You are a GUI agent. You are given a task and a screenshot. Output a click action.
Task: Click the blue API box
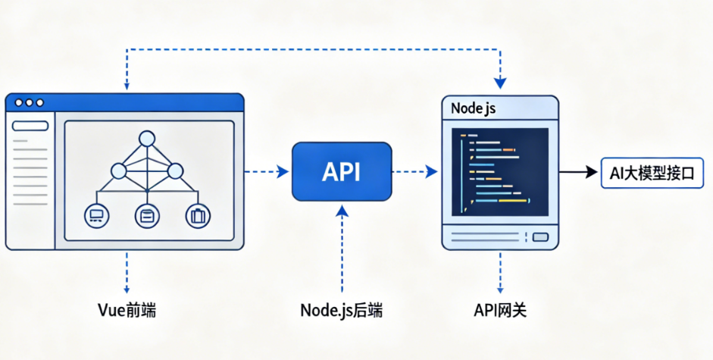342,171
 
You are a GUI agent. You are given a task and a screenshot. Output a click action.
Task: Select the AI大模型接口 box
652,173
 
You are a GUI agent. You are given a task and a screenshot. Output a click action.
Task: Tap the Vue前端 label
127,311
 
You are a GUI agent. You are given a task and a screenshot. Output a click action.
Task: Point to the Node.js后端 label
342,311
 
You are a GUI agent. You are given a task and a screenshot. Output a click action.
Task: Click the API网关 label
500,311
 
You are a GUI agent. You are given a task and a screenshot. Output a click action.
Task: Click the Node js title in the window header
474,108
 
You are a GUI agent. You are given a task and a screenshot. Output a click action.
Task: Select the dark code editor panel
500,172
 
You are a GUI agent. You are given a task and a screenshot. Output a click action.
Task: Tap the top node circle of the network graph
147,139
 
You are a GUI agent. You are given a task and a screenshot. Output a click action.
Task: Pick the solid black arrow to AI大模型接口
578,172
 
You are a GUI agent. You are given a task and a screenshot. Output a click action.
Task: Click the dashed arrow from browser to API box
267,171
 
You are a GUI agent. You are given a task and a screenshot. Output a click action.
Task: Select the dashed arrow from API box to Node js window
414,171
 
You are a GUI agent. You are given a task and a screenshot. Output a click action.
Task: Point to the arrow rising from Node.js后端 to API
342,249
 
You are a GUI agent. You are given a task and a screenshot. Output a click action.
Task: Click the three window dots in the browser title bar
29,103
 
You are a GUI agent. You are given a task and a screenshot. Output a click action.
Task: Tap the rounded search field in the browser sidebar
30,126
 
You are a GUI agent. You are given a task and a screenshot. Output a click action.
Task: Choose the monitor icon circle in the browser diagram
96,216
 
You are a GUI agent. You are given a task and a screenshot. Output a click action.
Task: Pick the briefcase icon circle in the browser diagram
198,216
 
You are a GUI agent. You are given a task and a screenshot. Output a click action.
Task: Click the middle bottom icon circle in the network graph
147,216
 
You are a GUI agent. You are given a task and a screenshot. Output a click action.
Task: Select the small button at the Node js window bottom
540,237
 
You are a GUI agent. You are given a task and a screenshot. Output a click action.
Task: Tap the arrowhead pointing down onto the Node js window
500,83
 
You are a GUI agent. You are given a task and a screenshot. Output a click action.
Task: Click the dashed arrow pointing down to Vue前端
127,272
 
